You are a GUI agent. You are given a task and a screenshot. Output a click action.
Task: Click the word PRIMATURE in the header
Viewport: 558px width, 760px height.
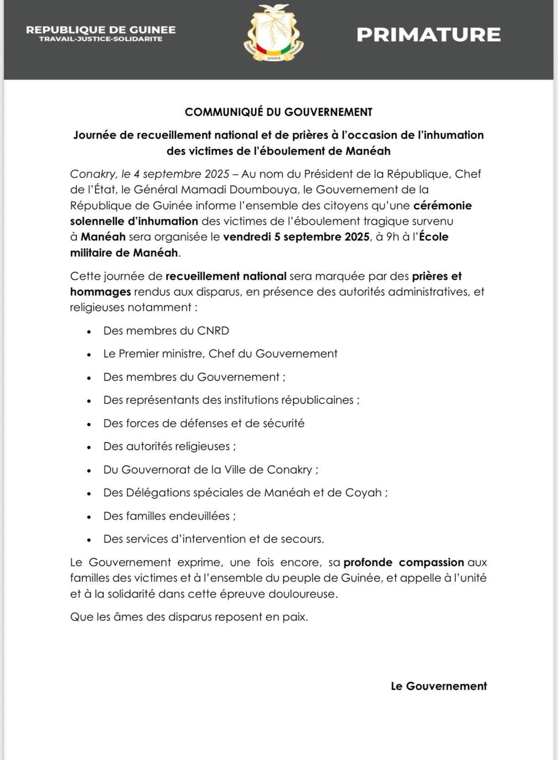[429, 35]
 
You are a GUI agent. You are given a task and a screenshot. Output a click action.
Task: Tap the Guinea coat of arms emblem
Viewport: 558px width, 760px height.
[274, 33]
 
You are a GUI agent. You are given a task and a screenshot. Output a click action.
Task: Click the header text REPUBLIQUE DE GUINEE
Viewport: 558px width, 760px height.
[101, 30]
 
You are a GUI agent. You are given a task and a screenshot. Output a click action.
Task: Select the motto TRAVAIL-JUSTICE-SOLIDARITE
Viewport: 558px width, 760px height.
[101, 39]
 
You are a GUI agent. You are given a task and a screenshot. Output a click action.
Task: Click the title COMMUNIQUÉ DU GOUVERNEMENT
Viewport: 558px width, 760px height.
[279, 112]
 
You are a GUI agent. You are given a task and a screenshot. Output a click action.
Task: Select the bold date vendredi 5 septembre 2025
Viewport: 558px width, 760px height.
[296, 237]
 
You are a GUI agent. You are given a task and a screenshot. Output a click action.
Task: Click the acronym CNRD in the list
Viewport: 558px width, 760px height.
[213, 331]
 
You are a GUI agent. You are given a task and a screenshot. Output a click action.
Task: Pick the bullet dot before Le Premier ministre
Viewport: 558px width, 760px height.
[89, 354]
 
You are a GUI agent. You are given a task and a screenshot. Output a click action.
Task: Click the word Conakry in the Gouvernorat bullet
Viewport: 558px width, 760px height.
[289, 470]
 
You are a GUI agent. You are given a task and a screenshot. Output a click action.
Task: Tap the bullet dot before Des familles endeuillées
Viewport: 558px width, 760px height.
[89, 517]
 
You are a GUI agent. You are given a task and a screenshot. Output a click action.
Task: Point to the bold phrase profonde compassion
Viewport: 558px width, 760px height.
[404, 562]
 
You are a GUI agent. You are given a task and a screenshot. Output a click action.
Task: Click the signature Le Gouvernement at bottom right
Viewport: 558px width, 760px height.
[439, 686]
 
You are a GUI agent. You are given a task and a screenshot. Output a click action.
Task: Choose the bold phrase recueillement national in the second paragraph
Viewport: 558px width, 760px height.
[226, 276]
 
